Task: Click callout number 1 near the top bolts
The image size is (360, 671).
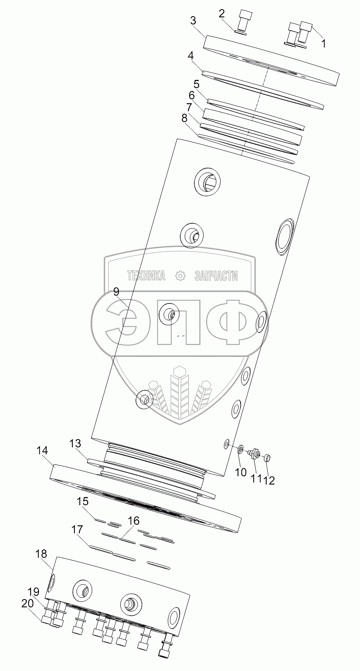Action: [324, 43]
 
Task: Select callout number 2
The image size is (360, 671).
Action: [222, 13]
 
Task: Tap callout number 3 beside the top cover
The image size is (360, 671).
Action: [193, 21]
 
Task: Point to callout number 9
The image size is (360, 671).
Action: [116, 292]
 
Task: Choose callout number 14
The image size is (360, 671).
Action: [43, 451]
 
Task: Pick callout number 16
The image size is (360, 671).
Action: [134, 521]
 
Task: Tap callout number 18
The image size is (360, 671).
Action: [41, 554]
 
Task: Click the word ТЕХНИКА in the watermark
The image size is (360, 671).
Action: [146, 276]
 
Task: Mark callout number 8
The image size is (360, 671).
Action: [184, 118]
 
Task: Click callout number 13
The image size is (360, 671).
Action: [75, 444]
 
